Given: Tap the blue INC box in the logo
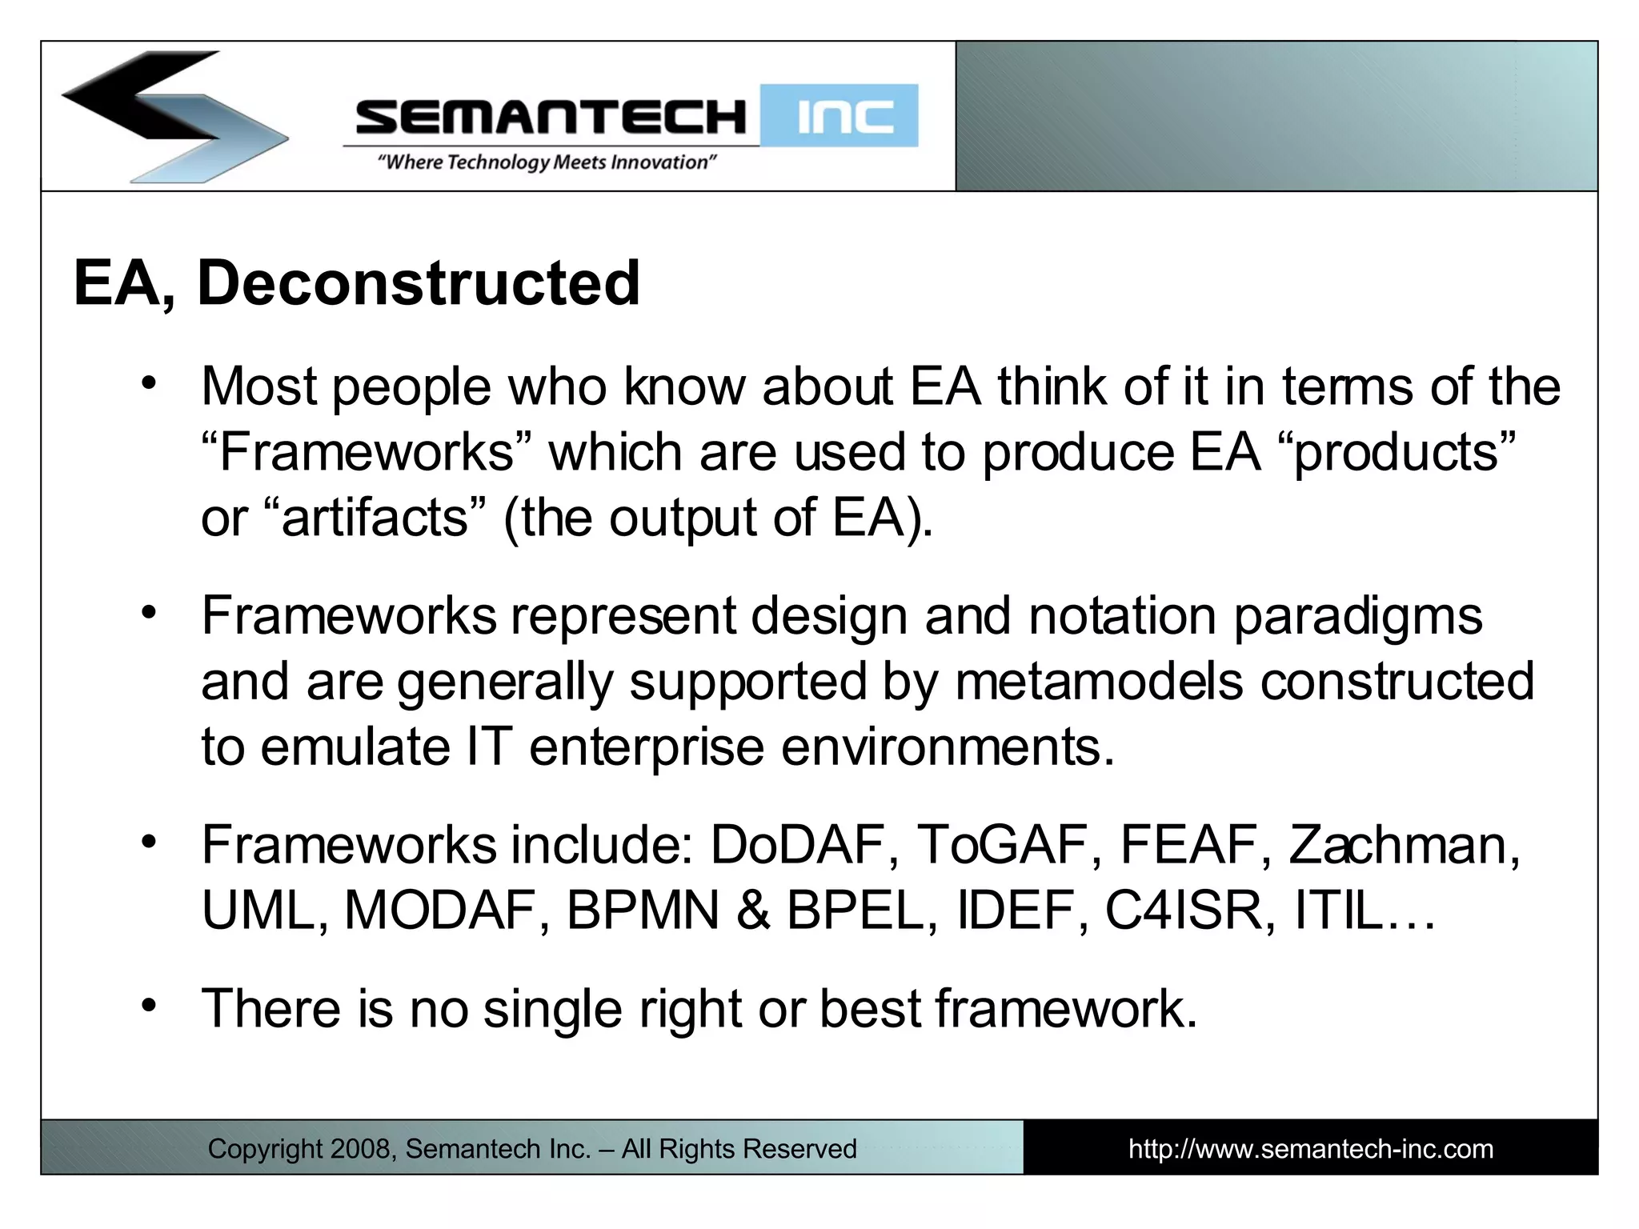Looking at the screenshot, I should [x=839, y=116].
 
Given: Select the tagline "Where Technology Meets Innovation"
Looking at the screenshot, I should [x=547, y=162].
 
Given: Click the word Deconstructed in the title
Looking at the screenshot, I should [x=419, y=283].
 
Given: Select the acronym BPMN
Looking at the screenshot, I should [x=643, y=911].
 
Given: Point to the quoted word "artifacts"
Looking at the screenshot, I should [x=375, y=518].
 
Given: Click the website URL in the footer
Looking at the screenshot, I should [x=1310, y=1149].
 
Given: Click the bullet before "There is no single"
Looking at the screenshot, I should [x=148, y=1005].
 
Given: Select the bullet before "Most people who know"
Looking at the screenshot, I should [x=148, y=384].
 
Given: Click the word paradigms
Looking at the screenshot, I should [x=1358, y=616].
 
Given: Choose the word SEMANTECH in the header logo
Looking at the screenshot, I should [x=551, y=117].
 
